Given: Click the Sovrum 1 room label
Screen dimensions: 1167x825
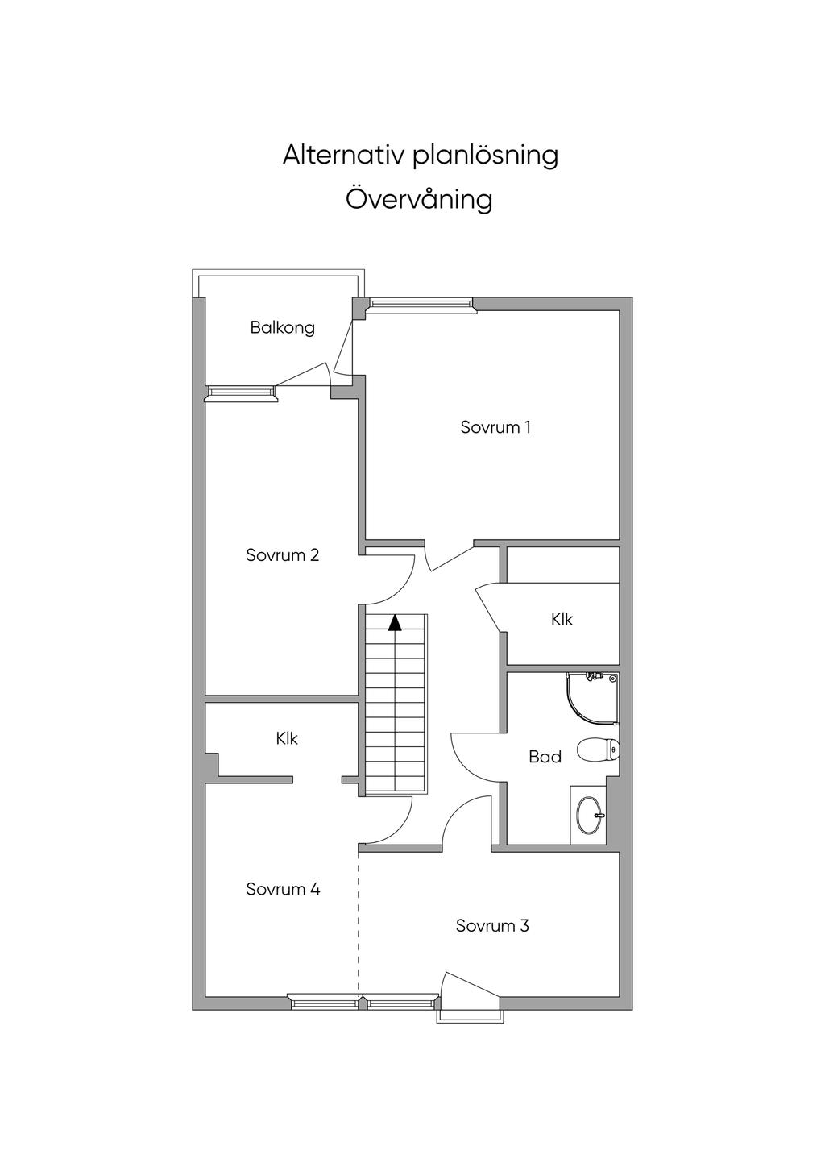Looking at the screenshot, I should (495, 427).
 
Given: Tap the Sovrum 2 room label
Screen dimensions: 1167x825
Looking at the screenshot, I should (282, 555).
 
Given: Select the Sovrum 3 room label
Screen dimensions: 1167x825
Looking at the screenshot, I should (491, 926).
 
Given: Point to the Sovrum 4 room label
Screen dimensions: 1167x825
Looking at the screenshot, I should (283, 890).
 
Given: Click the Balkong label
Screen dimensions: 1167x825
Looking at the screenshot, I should (282, 328).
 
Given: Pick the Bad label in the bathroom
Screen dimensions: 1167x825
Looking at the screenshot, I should (545, 757).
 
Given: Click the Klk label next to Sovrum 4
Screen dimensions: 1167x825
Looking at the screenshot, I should (287, 738).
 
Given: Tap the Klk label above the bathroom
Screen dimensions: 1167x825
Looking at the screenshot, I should (562, 619).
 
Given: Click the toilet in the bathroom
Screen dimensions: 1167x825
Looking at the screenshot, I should (599, 750).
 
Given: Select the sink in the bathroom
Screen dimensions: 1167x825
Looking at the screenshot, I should (590, 816).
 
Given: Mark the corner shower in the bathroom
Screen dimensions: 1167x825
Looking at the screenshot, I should (596, 695).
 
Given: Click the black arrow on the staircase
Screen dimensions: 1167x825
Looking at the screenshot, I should (395, 622).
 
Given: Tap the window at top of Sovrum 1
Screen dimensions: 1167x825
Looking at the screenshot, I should (421, 304).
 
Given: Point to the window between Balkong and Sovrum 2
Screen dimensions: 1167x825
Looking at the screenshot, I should (242, 392).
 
